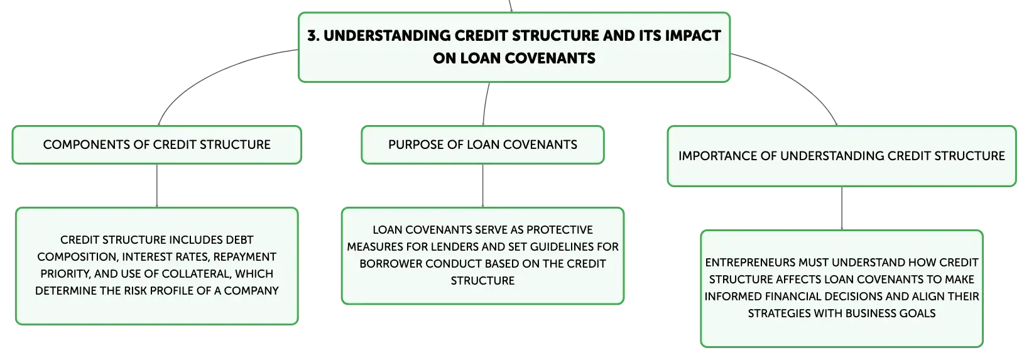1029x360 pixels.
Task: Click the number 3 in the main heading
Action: point(313,36)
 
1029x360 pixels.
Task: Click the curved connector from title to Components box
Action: point(207,74)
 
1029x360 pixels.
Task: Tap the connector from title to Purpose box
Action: point(485,104)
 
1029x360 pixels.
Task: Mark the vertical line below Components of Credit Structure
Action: point(157,185)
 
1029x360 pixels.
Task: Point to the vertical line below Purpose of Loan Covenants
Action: point(483,185)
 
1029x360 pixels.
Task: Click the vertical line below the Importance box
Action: point(842,209)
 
